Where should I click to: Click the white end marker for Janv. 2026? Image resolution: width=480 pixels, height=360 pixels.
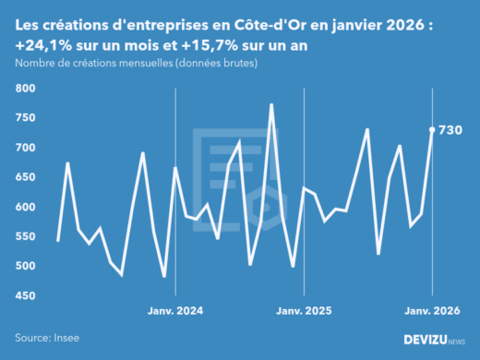tap(433, 130)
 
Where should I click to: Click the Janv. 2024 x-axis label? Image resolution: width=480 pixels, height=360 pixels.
tap(175, 311)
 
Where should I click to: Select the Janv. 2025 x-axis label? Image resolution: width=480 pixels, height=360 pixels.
tap(305, 311)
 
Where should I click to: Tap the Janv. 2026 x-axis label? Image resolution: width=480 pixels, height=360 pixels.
tap(433, 311)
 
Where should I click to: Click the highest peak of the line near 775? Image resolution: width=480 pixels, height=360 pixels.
tap(271, 104)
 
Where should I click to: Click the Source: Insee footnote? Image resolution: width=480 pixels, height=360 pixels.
tap(47, 339)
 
